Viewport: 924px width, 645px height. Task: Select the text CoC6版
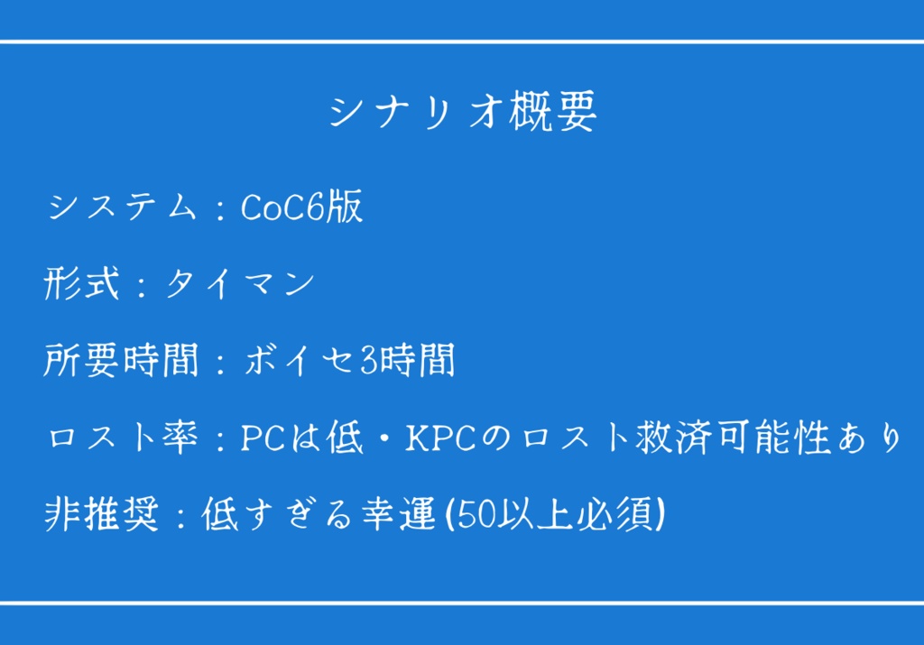[x=301, y=207]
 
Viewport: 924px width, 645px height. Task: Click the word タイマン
[x=239, y=285]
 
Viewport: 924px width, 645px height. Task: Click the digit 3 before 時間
[x=368, y=362]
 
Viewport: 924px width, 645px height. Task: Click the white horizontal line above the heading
[x=462, y=41]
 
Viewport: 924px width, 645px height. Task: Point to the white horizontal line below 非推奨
[x=462, y=602]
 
